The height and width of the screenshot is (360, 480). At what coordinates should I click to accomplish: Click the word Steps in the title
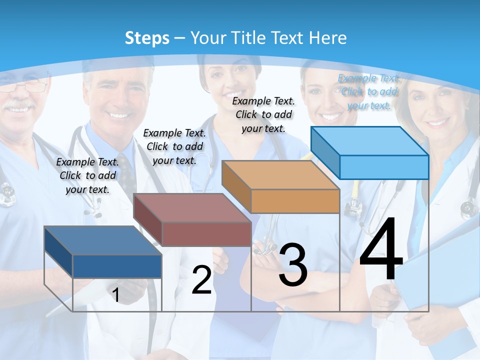click(x=146, y=38)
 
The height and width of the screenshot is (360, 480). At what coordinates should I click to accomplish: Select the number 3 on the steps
click(x=293, y=265)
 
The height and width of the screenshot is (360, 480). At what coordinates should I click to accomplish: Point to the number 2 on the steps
click(x=201, y=280)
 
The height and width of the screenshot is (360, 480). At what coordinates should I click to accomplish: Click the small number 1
click(x=115, y=295)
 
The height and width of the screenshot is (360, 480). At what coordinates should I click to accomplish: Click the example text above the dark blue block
click(x=87, y=175)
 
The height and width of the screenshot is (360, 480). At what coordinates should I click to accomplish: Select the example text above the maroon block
click(x=174, y=146)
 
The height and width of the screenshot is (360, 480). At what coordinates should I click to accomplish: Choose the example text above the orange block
click(x=263, y=114)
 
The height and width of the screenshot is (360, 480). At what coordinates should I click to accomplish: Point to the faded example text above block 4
click(x=369, y=91)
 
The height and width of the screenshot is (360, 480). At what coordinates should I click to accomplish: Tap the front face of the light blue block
click(x=384, y=167)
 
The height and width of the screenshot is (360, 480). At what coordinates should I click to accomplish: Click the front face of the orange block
click(x=295, y=201)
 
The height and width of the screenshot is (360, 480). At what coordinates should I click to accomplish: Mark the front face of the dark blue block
click(x=117, y=266)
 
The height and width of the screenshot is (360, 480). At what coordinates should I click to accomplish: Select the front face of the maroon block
click(x=206, y=233)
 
